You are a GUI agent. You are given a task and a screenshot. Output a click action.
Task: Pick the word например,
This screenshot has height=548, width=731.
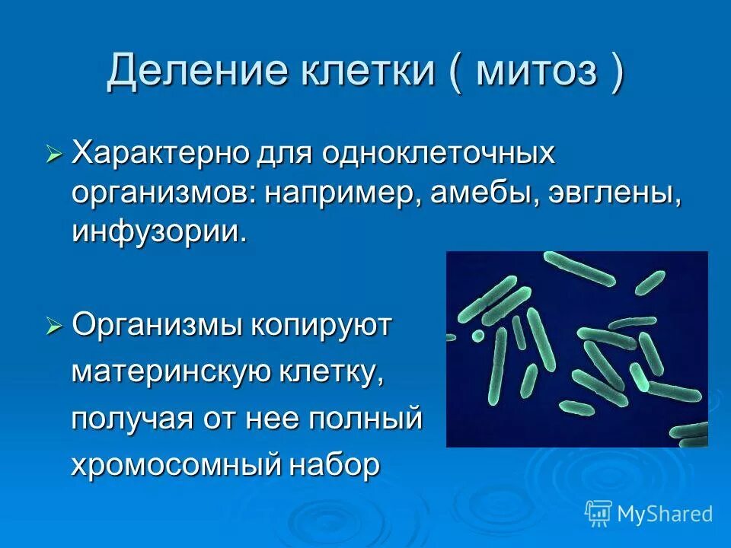[x=339, y=193]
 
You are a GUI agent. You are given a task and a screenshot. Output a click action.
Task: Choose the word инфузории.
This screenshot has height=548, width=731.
[x=160, y=231]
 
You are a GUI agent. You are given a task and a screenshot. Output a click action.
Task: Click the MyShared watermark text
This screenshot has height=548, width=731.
[x=664, y=514]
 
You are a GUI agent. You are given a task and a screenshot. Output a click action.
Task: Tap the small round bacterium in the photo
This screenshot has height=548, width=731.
[x=477, y=335]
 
